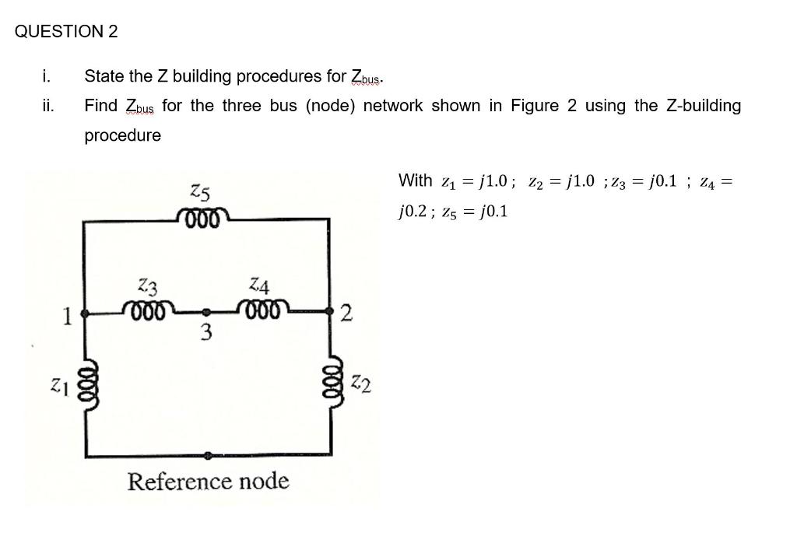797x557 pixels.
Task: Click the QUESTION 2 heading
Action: tap(66, 32)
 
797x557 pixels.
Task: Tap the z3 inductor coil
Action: tap(146, 312)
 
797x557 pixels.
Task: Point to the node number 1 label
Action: tap(68, 316)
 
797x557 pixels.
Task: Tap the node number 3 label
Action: tap(206, 333)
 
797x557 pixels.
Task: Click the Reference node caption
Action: tap(208, 482)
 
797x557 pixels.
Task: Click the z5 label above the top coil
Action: tap(200, 190)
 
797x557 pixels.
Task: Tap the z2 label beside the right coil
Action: tap(360, 382)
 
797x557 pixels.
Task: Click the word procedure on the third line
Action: tap(122, 135)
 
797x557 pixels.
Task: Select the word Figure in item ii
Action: tap(534, 106)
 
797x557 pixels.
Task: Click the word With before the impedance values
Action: tap(415, 180)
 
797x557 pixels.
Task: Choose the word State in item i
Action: tap(104, 76)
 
